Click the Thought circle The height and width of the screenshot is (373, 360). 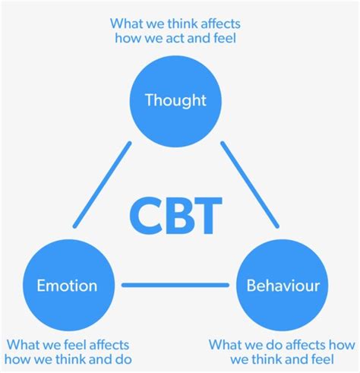(175, 100)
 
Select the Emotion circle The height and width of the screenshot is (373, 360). (67, 286)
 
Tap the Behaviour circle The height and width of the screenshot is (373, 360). (283, 286)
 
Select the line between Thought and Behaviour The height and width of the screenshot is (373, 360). (250, 185)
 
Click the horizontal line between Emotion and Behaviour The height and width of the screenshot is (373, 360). (175, 286)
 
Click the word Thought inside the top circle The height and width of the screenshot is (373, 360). (175, 100)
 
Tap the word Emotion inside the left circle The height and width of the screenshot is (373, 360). (67, 286)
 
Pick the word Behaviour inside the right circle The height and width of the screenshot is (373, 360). (283, 286)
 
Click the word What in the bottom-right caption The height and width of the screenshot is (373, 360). (226, 344)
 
